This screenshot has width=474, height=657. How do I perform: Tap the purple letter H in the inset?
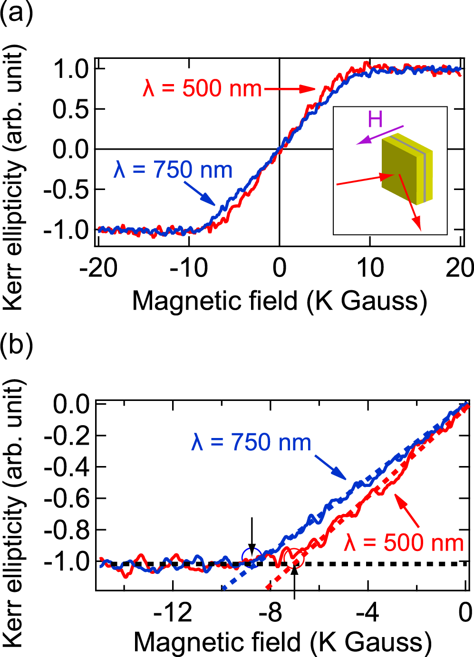375,119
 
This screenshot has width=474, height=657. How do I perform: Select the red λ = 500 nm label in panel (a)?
203,89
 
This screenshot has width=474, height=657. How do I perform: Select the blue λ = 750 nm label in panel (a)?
173,170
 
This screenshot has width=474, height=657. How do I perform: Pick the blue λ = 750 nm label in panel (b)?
251,442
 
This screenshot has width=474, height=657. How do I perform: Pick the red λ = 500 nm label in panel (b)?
404,543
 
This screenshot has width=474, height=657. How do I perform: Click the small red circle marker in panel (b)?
295,557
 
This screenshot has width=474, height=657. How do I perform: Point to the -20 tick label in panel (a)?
98,268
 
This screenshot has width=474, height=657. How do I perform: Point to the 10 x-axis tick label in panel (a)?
370,268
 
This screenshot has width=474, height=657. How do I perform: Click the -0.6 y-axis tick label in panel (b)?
67,498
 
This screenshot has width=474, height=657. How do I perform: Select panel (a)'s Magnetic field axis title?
279,301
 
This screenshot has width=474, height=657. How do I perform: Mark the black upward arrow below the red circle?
295,582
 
